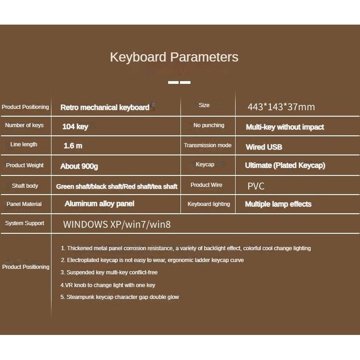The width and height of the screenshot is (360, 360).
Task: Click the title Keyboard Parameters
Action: click(174, 57)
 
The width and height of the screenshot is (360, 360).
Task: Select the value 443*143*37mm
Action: click(281, 107)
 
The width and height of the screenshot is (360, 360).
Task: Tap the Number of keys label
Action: click(25, 125)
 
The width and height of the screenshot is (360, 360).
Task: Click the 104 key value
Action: click(75, 127)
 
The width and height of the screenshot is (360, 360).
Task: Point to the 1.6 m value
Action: click(73, 146)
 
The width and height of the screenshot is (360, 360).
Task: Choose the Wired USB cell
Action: click(264, 147)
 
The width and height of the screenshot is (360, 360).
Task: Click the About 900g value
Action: click(79, 166)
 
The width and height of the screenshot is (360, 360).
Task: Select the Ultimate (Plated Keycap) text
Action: click(285, 165)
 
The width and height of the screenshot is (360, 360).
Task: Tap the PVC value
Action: click(256, 186)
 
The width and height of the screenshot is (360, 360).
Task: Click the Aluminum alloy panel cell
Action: click(99, 204)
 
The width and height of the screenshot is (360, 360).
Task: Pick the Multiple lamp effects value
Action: click(278, 204)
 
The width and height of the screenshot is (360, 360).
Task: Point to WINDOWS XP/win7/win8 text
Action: click(117, 224)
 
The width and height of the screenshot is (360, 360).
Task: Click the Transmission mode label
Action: click(208, 145)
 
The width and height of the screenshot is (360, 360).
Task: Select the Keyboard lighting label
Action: click(209, 204)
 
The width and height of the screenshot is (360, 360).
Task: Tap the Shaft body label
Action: click(25, 186)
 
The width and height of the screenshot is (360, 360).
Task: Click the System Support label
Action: click(25, 223)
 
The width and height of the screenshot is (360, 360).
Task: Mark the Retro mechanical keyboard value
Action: click(105, 108)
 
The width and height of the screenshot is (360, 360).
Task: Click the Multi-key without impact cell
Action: click(285, 127)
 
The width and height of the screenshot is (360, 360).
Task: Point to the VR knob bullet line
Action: click(108, 285)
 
